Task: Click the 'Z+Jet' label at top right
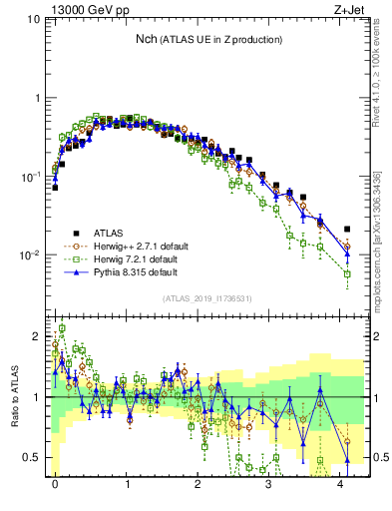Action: coord(348,8)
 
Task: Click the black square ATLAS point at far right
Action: coord(347,230)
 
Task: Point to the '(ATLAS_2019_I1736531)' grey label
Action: coord(207,299)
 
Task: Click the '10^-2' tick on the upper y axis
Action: coord(30,255)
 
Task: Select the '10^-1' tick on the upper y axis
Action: coord(30,177)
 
